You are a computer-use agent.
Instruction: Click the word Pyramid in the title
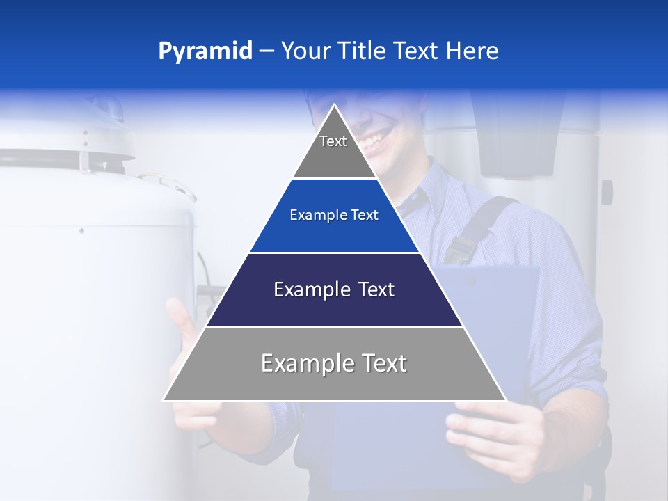pos(205,51)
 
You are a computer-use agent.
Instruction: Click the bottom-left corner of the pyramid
pos(164,400)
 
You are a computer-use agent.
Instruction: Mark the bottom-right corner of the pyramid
pos(504,400)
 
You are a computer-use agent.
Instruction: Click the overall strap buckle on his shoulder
pos(459,247)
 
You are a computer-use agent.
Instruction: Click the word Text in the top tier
pos(333,141)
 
